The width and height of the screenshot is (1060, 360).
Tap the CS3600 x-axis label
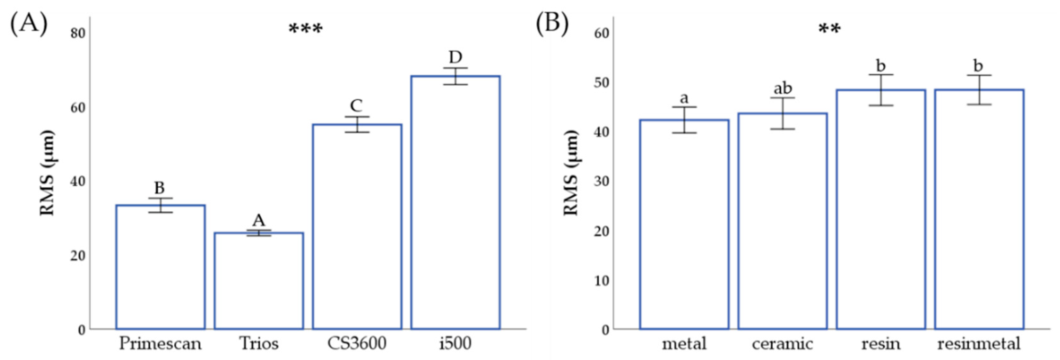[357, 344]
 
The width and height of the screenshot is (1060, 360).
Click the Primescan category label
[160, 344]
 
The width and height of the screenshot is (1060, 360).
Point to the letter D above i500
[455, 57]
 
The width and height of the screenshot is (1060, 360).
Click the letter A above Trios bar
[258, 220]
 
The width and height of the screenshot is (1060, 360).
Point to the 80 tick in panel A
[78, 33]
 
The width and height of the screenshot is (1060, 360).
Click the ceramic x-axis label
[782, 344]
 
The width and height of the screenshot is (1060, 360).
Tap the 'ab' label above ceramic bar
[783, 88]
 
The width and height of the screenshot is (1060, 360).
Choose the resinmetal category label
[979, 344]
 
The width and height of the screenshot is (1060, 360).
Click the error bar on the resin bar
[881, 90]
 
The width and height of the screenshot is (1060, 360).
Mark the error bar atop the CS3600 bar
[357, 124]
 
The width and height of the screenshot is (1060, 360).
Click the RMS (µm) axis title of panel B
[571, 173]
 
